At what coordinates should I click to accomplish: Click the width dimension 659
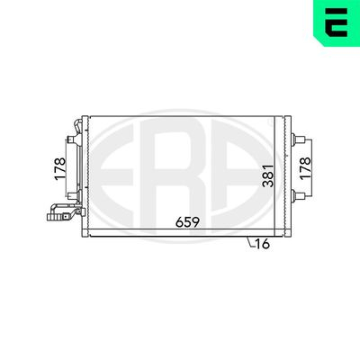pos(188,222)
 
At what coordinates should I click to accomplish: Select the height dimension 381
pos(268,175)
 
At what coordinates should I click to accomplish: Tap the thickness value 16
pos(263,244)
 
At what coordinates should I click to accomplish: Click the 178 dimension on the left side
pos(60,169)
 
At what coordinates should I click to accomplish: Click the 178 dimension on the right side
pos(305,168)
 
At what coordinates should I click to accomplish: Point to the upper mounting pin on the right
pos(298,139)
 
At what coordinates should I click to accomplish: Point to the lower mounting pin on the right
pos(298,195)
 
